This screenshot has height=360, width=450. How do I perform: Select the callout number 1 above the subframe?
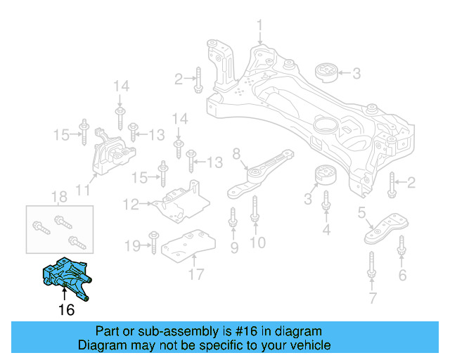point(259,26)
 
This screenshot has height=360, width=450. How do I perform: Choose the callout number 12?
point(131,205)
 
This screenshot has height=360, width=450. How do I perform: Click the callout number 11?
point(82,190)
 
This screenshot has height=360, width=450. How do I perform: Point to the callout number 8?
point(236,153)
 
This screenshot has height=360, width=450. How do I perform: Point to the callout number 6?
point(402,275)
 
